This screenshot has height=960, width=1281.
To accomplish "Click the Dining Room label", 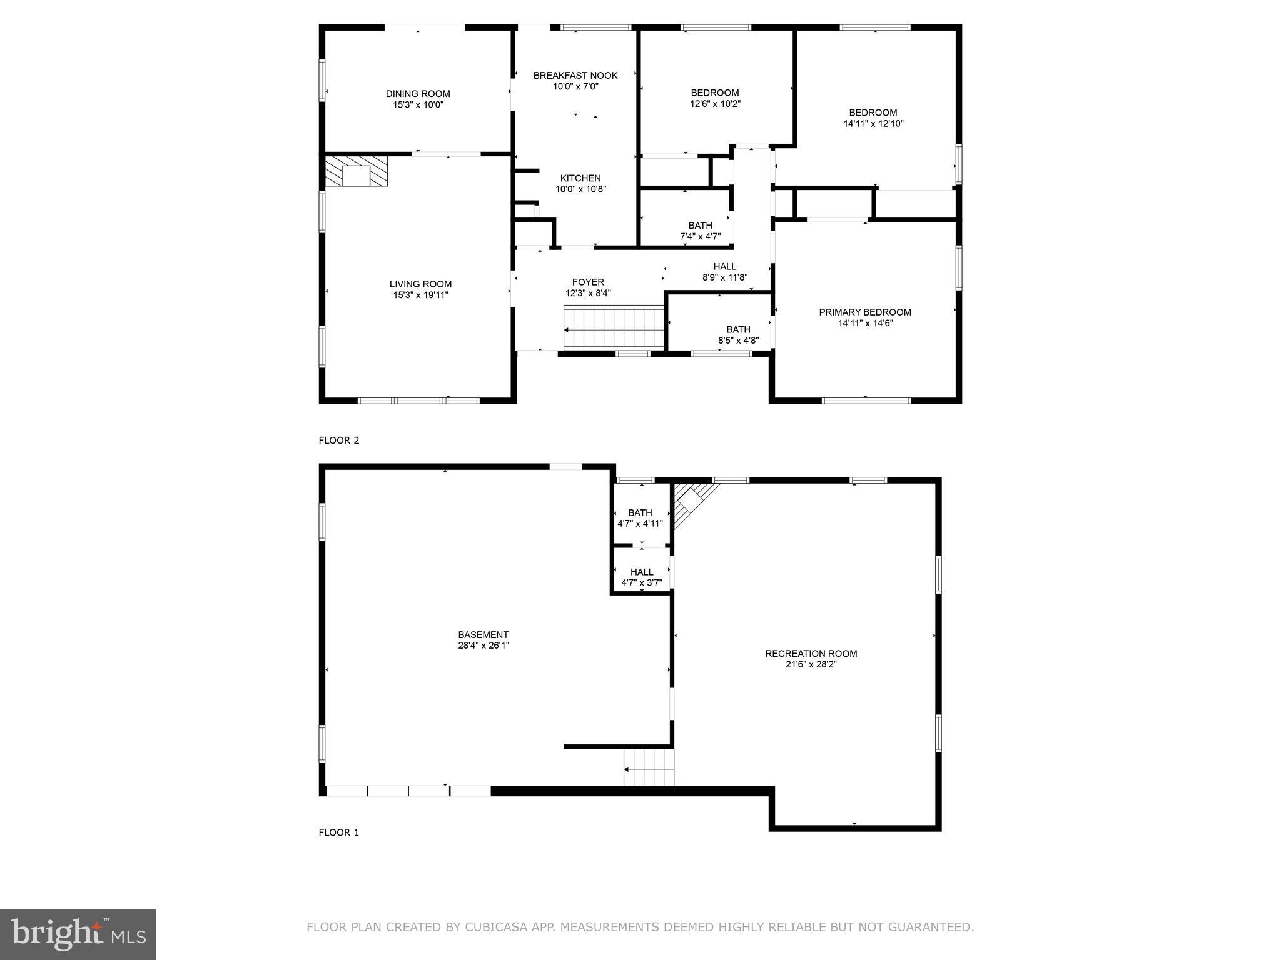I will tap(418, 94).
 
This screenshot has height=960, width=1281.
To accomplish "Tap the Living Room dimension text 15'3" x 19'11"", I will tap(420, 295).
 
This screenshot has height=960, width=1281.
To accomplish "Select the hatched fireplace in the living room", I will tap(357, 171).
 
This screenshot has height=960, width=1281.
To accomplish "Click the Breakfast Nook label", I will tap(575, 76).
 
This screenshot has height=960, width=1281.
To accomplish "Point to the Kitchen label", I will tap(580, 178).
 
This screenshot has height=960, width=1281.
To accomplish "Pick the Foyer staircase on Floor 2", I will tap(613, 327).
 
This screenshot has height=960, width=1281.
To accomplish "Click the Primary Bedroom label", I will tap(865, 312).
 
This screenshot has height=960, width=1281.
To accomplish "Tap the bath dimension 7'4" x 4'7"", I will tap(700, 237).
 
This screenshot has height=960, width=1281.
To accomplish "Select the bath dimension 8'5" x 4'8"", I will tap(738, 341).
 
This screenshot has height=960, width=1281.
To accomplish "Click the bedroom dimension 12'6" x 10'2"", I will tap(715, 104).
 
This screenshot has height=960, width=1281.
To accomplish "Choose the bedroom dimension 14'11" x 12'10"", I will tap(873, 124).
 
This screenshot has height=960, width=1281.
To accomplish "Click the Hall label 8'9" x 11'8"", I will tap(725, 267).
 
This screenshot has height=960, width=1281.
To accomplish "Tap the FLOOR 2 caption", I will tap(339, 441).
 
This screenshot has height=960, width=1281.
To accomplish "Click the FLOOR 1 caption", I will tap(339, 832).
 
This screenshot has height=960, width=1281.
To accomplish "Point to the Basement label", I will tap(483, 634).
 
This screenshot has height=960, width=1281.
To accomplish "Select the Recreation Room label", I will tap(811, 654).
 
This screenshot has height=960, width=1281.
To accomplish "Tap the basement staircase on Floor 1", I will tap(649, 767).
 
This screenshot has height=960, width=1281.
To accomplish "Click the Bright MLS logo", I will tap(78, 934).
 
